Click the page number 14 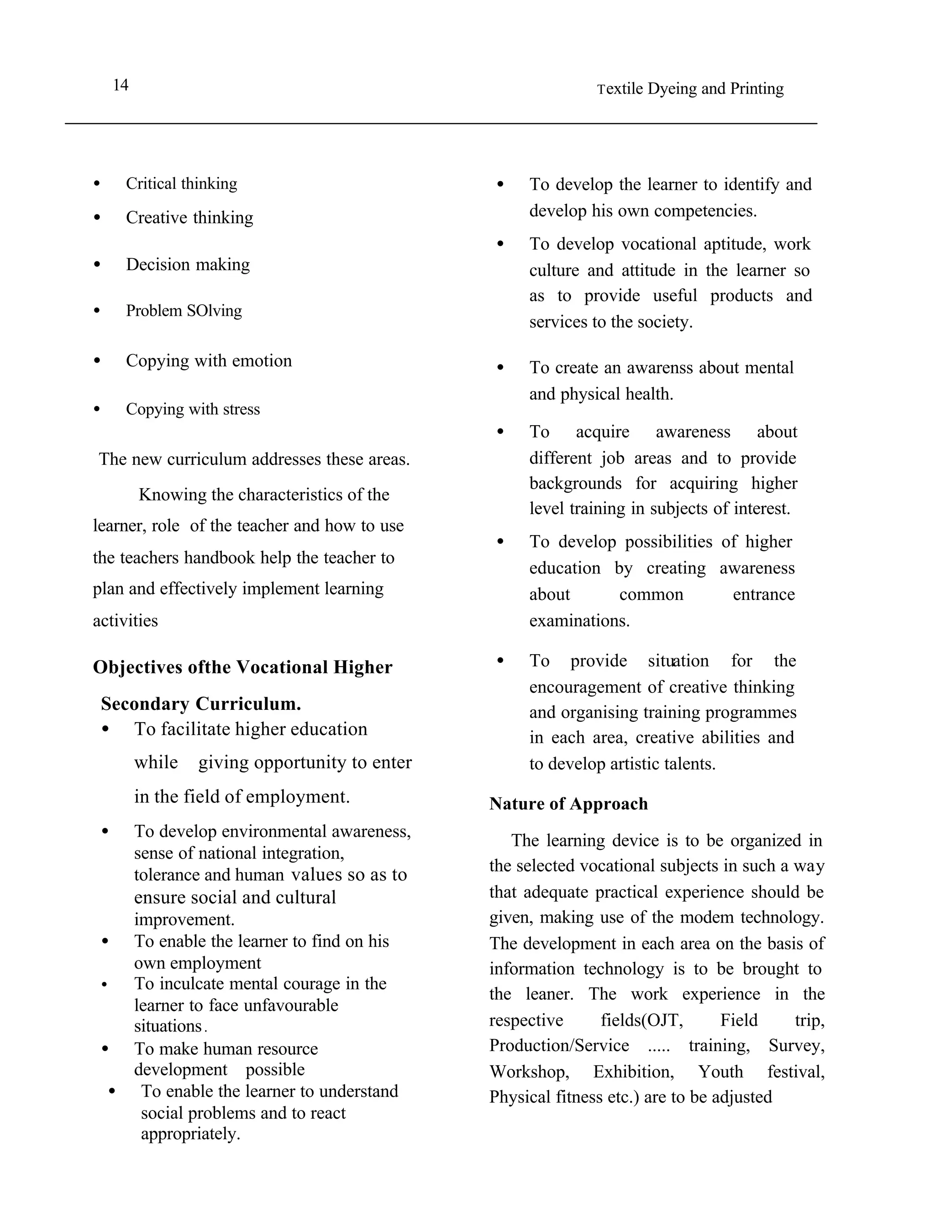click(121, 85)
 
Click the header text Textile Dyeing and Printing click(690, 89)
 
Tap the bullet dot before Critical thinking click(97, 183)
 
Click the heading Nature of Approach click(568, 804)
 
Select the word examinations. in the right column click(579, 620)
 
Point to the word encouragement click(586, 687)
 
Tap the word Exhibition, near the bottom click(633, 1071)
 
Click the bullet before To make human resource click(105, 1048)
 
